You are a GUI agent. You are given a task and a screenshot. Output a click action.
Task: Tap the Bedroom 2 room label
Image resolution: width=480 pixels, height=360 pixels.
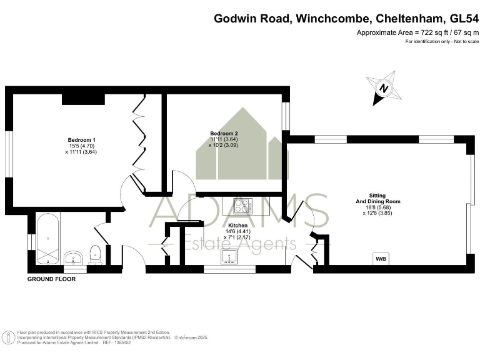224,133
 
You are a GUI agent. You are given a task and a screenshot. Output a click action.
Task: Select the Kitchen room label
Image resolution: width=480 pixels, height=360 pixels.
239,225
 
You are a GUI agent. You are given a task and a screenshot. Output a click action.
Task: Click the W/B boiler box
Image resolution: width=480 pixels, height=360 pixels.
380,258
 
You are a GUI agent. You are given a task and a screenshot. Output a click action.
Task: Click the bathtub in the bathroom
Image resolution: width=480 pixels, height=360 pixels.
48,239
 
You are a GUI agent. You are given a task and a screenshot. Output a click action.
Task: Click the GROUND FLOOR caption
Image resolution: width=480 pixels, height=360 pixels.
51,279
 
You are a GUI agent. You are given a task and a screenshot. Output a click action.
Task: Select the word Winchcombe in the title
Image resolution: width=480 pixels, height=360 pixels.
329,18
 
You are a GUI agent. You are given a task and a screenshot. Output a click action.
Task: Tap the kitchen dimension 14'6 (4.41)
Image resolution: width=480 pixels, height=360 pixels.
238,231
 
